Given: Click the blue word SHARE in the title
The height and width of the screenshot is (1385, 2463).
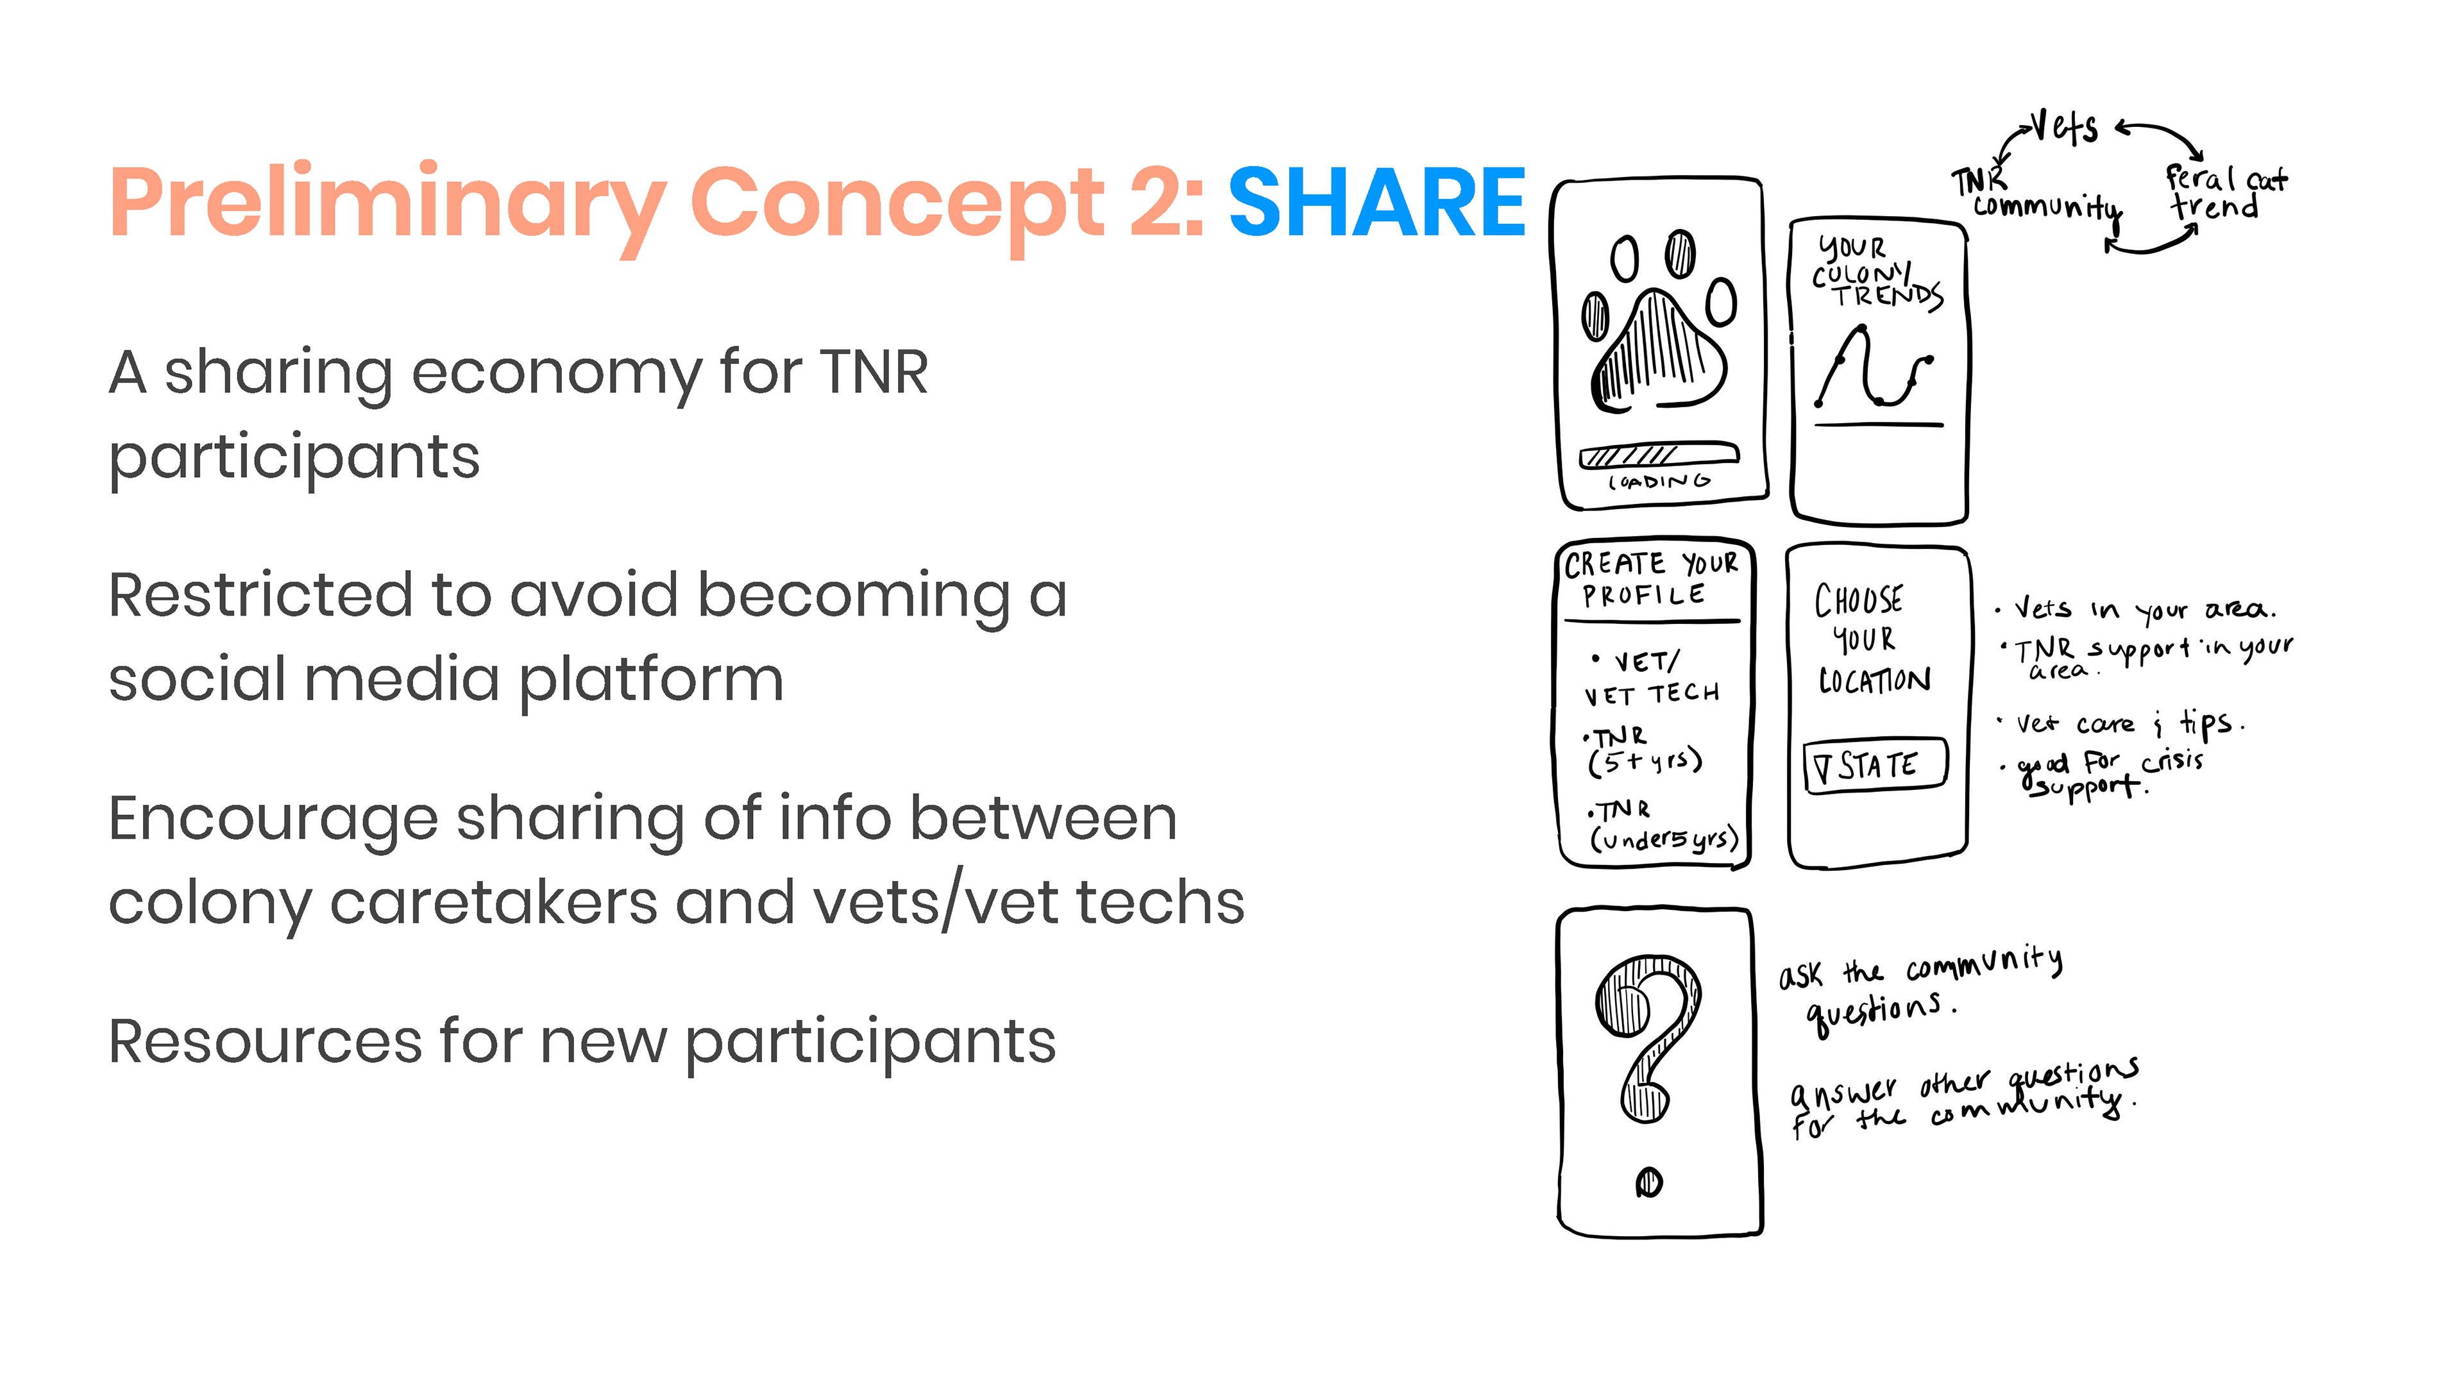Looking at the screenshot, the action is point(1377,202).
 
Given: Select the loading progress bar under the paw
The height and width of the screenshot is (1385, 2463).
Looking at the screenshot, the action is point(1659,455).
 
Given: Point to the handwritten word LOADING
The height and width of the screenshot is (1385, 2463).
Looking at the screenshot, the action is point(1659,482).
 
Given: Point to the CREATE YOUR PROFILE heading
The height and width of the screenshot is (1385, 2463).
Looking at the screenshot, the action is point(1651,579).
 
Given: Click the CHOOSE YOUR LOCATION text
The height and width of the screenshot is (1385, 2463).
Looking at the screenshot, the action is point(1872,639).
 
